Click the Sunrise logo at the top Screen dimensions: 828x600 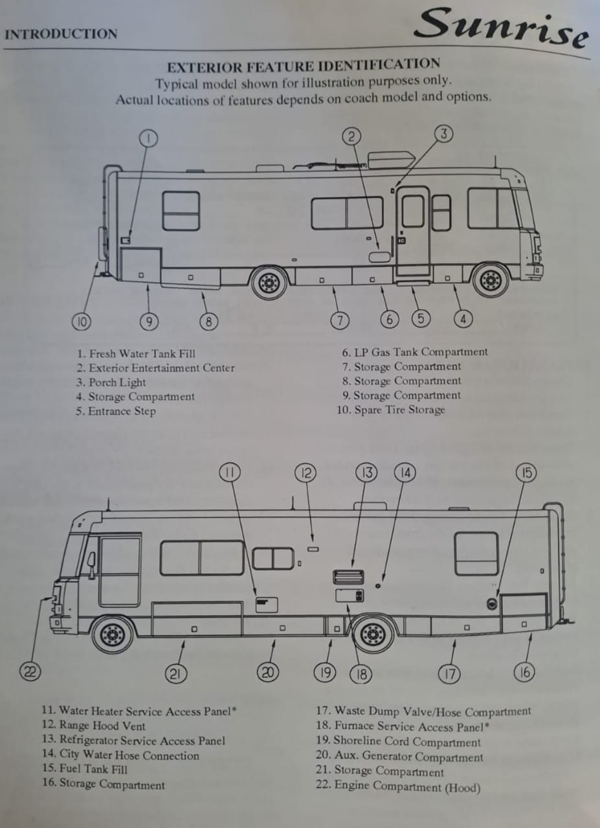(x=502, y=27)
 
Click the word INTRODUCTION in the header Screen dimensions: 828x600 (x=61, y=34)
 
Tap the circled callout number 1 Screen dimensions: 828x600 (x=148, y=138)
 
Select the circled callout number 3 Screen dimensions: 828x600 (x=443, y=134)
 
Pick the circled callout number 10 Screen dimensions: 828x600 (x=81, y=320)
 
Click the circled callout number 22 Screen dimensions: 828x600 (x=28, y=671)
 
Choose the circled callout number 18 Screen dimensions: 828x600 (x=361, y=675)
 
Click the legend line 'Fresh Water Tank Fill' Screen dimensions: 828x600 (x=136, y=354)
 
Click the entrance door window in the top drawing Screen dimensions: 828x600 (x=413, y=211)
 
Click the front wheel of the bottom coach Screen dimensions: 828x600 (x=113, y=635)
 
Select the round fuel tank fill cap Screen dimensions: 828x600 (x=492, y=604)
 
